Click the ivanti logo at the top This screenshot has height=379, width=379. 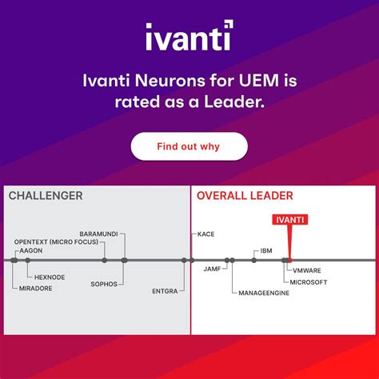189,37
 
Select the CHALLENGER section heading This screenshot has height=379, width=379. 46,196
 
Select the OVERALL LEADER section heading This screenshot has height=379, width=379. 245,196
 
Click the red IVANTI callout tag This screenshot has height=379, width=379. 290,219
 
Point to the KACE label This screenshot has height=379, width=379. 205,234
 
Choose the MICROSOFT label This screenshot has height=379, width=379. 309,282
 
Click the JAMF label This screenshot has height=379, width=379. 212,269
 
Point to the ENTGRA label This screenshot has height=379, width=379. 165,291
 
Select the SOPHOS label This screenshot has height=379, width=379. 104,284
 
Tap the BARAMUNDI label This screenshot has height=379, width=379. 98,233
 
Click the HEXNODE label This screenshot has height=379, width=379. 50,277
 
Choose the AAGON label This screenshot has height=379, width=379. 31,250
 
